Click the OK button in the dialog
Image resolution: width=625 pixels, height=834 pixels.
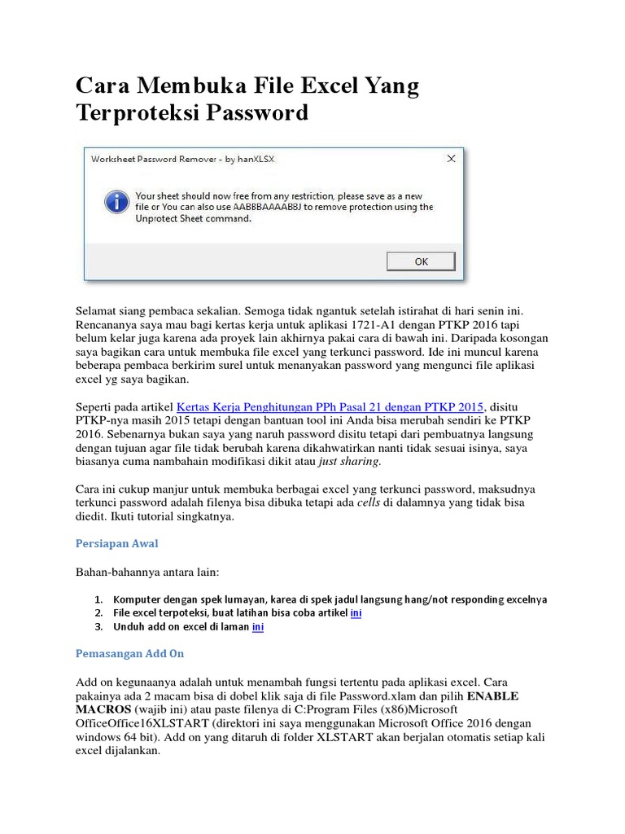pyautogui.click(x=421, y=261)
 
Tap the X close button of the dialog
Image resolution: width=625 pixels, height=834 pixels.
pyautogui.click(x=449, y=159)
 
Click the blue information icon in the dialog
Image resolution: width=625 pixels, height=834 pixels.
pyautogui.click(x=118, y=202)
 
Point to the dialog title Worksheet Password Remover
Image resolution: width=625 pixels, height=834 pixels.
pyautogui.click(x=182, y=160)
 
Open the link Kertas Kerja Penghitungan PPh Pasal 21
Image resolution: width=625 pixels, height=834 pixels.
pyautogui.click(x=330, y=406)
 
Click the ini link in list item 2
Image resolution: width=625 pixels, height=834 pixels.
pyautogui.click(x=356, y=612)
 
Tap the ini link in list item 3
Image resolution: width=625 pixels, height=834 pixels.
pyautogui.click(x=258, y=627)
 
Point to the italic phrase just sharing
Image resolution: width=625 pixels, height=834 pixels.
pyautogui.click(x=349, y=462)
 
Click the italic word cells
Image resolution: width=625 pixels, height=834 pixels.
pyautogui.click(x=369, y=503)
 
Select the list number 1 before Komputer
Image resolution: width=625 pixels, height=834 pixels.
pyautogui.click(x=98, y=599)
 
